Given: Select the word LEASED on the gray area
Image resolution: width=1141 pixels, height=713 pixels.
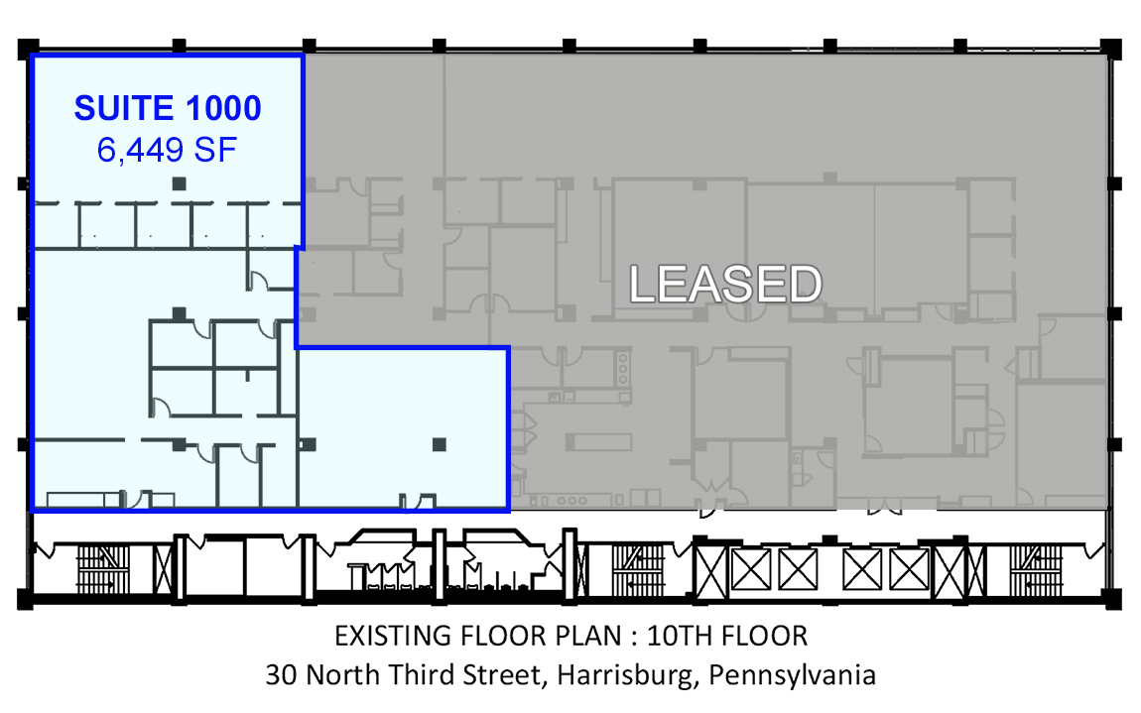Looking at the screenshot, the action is click(725, 284).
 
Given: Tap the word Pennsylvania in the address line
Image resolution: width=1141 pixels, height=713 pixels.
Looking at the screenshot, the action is click(792, 674).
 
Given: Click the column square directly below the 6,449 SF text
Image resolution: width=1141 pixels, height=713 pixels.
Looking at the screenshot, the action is click(179, 184).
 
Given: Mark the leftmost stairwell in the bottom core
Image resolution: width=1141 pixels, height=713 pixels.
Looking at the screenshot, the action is click(103, 569).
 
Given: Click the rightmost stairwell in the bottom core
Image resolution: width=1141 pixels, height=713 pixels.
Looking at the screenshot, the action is click(1036, 569).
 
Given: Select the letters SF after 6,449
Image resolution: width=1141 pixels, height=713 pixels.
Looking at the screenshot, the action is click(215, 150).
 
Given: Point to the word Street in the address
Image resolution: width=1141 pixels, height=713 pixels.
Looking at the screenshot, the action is click(504, 675).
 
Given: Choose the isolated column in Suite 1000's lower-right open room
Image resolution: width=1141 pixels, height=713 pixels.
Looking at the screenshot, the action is click(439, 444).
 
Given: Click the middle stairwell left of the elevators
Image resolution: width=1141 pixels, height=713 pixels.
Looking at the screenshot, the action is click(638, 569).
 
